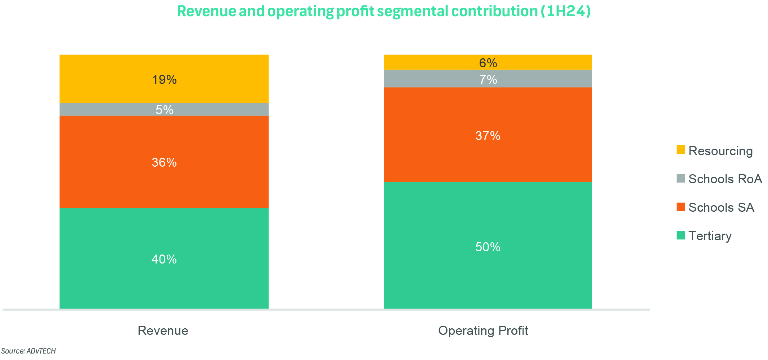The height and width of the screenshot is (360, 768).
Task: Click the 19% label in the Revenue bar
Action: pyautogui.click(x=164, y=80)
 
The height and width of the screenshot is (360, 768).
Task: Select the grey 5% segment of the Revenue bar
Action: pyautogui.click(x=108, y=110)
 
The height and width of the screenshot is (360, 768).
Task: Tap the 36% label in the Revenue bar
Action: pyautogui.click(x=164, y=162)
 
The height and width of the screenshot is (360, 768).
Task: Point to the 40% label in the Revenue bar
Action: pyautogui.click(x=164, y=259)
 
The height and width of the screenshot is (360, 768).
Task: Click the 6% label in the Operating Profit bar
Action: pyautogui.click(x=488, y=63)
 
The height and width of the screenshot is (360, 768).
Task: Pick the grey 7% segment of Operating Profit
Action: pyautogui.click(x=432, y=79)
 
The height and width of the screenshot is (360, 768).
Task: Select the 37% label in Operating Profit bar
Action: pyautogui.click(x=488, y=136)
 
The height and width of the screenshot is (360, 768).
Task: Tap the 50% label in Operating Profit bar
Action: pyautogui.click(x=488, y=247)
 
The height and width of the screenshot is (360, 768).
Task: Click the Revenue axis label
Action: pyautogui.click(x=163, y=330)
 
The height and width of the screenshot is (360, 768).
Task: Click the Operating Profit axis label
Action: pyautogui.click(x=483, y=330)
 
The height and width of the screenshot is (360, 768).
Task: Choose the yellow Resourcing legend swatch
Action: pyautogui.click(x=681, y=150)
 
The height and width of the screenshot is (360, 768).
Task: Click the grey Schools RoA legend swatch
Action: pyautogui.click(x=681, y=178)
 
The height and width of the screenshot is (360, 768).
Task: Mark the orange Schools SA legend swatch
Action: pyautogui.click(x=681, y=207)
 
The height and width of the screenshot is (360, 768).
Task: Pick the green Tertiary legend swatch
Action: pyautogui.click(x=681, y=235)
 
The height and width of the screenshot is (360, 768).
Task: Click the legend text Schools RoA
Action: pyautogui.click(x=725, y=179)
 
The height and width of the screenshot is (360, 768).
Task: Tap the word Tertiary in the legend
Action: pyautogui.click(x=710, y=236)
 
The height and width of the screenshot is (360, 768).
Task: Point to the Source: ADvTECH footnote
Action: pyautogui.click(x=28, y=351)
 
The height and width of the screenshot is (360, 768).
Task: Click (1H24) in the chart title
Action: pyautogui.click(x=566, y=11)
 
